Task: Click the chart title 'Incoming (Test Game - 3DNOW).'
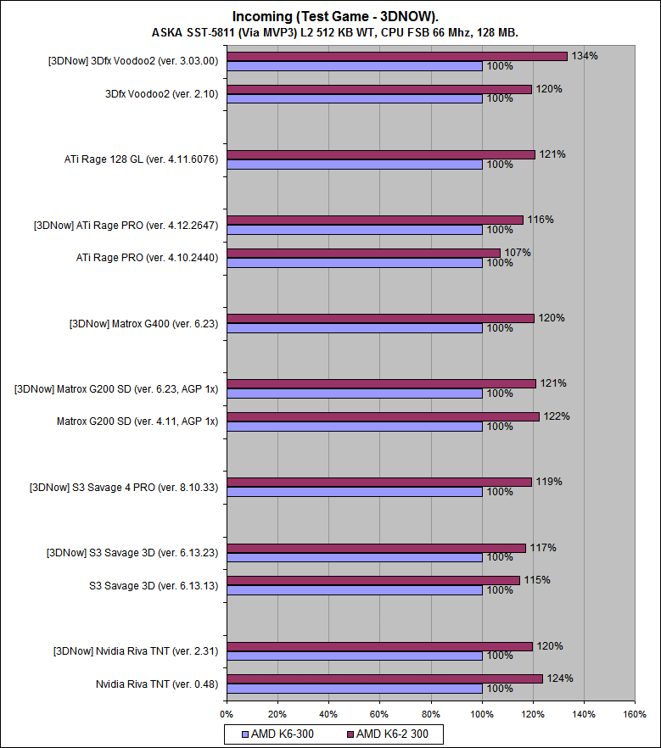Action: [x=330, y=16]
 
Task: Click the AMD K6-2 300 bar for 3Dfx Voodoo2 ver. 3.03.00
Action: [x=396, y=56]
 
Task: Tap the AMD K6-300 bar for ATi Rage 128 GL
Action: [x=354, y=165]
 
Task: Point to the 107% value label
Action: [x=518, y=253]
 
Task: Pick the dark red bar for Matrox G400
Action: [x=380, y=318]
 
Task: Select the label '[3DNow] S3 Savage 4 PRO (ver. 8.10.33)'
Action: [x=123, y=487]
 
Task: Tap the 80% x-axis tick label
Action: [x=430, y=714]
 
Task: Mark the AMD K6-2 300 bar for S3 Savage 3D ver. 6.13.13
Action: [x=373, y=580]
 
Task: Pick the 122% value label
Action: [x=557, y=416]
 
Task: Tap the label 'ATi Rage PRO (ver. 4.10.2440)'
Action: [x=153, y=258]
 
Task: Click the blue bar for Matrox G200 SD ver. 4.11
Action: [x=354, y=427]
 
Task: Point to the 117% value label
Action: [x=543, y=548]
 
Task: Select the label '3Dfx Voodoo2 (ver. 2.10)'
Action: [x=162, y=94]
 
